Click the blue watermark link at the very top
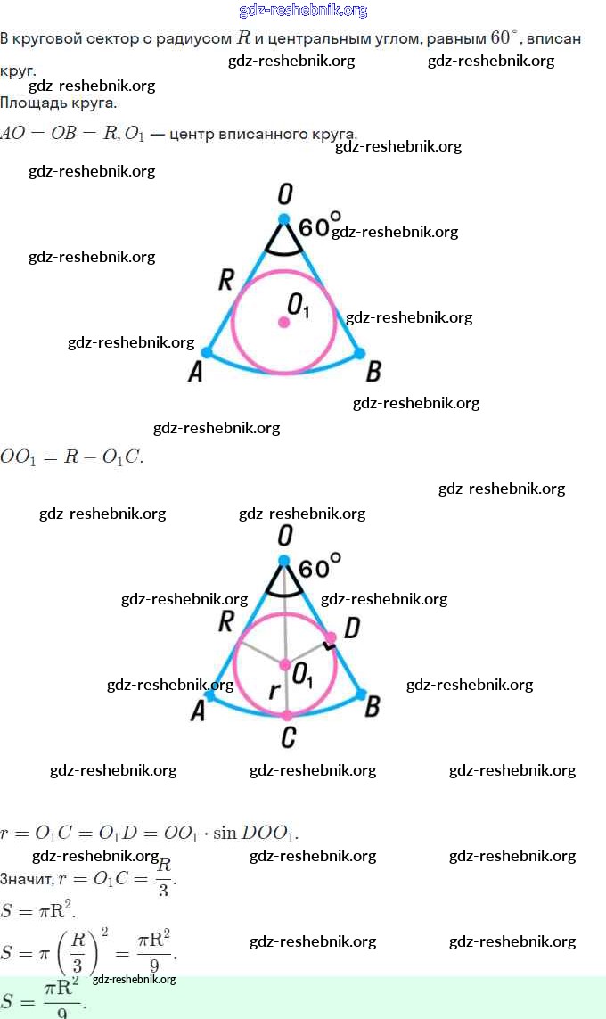pyautogui.click(x=303, y=11)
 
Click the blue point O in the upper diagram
pyautogui.click(x=283, y=218)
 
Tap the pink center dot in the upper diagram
pyautogui.click(x=284, y=322)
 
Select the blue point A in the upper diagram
pyautogui.click(x=207, y=353)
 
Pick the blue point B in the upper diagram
pyautogui.click(x=360, y=353)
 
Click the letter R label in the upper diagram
pyautogui.click(x=225, y=280)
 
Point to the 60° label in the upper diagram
pyautogui.click(x=319, y=226)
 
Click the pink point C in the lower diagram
pyautogui.click(x=287, y=715)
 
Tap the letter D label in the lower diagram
pyautogui.click(x=351, y=629)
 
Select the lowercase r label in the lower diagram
pyautogui.click(x=274, y=691)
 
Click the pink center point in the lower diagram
pyautogui.click(x=285, y=664)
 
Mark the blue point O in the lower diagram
pyautogui.click(x=284, y=561)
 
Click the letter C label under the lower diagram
pyautogui.click(x=287, y=738)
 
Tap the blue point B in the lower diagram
pyautogui.click(x=361, y=693)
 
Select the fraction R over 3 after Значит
pyautogui.click(x=163, y=877)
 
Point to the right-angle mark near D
pyautogui.click(x=330, y=638)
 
